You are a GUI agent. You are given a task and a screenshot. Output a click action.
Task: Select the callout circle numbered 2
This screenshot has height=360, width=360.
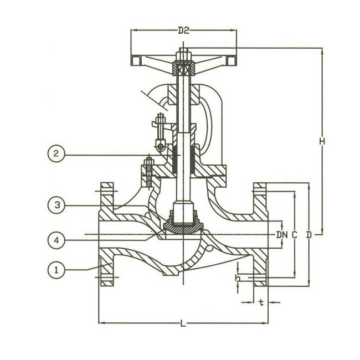pyautogui.click(x=55, y=155)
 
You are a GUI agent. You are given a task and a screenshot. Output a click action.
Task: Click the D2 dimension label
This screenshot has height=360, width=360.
pyautogui.click(x=184, y=31)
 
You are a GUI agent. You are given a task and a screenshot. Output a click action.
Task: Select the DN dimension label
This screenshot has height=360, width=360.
pyautogui.click(x=282, y=235)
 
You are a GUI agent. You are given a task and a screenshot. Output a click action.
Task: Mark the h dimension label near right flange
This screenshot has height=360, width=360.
pyautogui.click(x=237, y=277)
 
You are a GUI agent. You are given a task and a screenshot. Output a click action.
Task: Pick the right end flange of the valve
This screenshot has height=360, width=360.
pyautogui.click(x=260, y=235)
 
